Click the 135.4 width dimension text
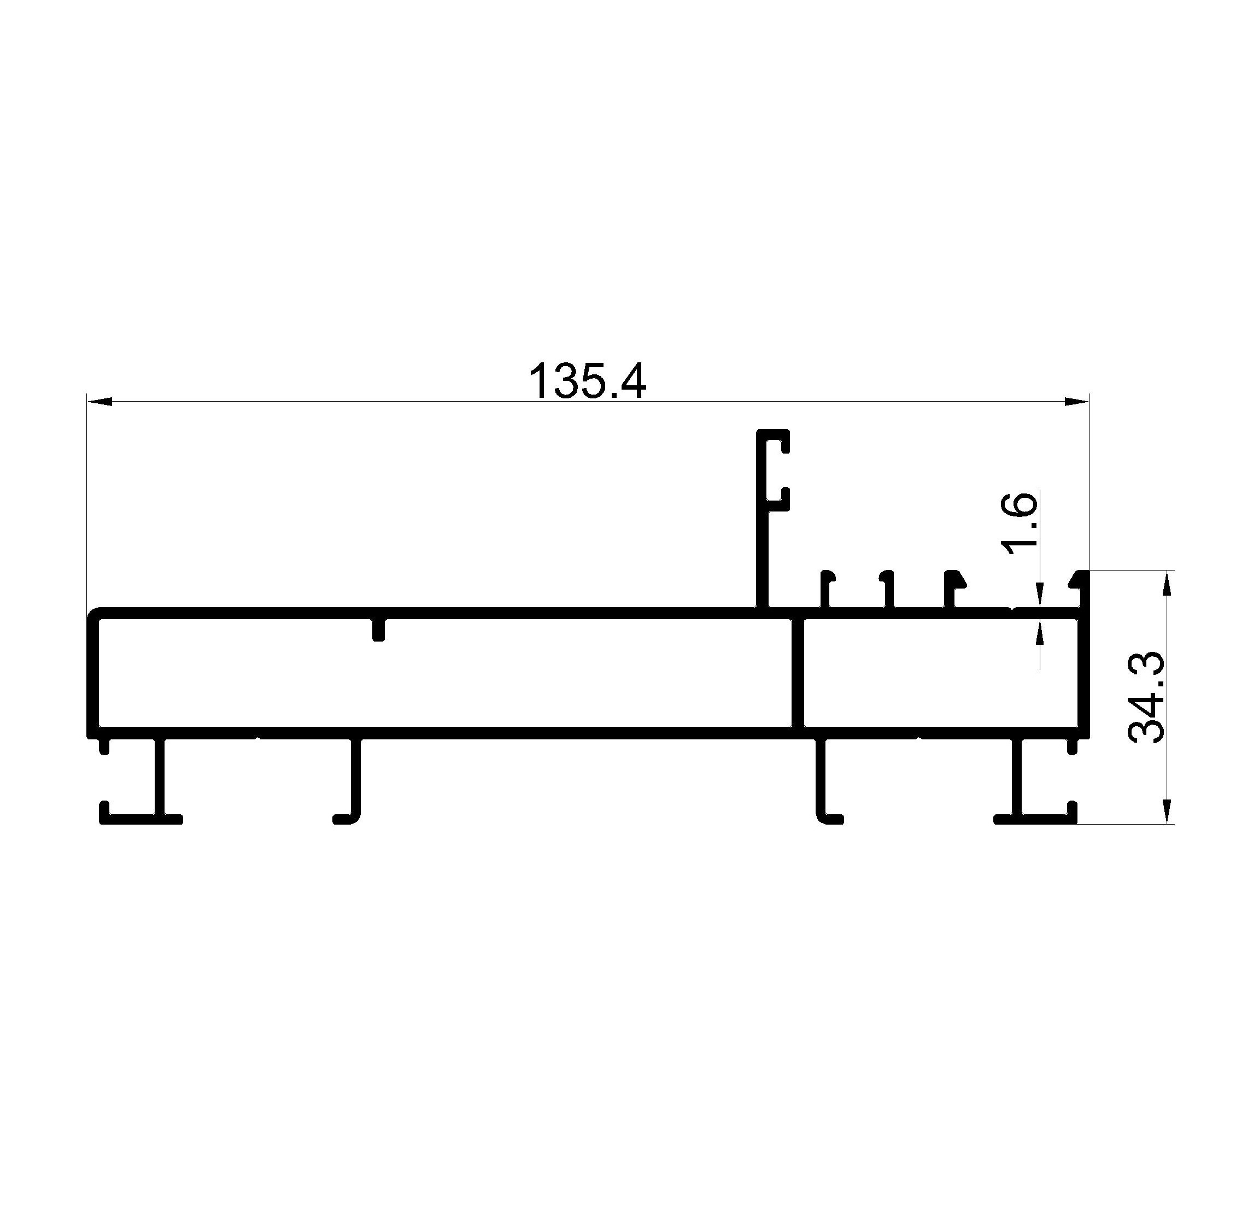[587, 381]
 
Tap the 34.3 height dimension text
[1147, 697]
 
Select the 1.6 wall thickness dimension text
[1019, 523]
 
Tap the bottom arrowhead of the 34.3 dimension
[1167, 810]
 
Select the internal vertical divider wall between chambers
[797, 673]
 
